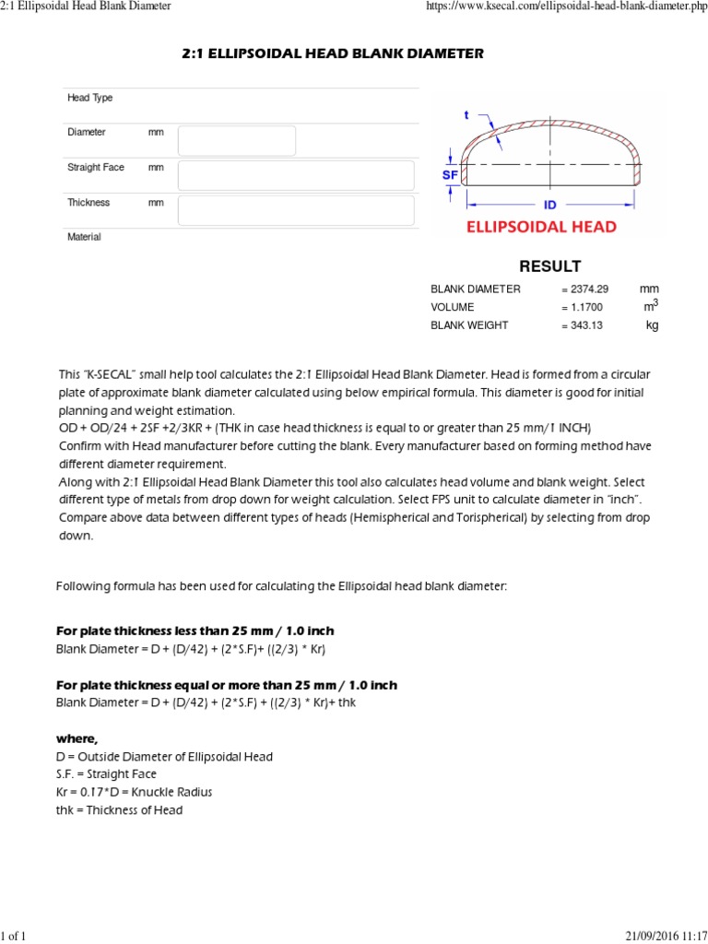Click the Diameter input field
click(x=237, y=141)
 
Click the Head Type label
click(x=89, y=98)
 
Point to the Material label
click(x=84, y=237)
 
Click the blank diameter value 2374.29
click(x=587, y=289)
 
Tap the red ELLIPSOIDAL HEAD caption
click(x=541, y=227)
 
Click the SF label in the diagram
click(x=450, y=174)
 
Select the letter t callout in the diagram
click(x=466, y=115)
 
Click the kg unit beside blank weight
click(x=653, y=325)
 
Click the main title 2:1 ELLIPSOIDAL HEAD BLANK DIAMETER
click(x=332, y=54)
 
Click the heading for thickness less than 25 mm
click(x=195, y=631)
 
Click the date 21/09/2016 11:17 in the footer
click(x=657, y=937)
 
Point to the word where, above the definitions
click(x=77, y=738)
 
